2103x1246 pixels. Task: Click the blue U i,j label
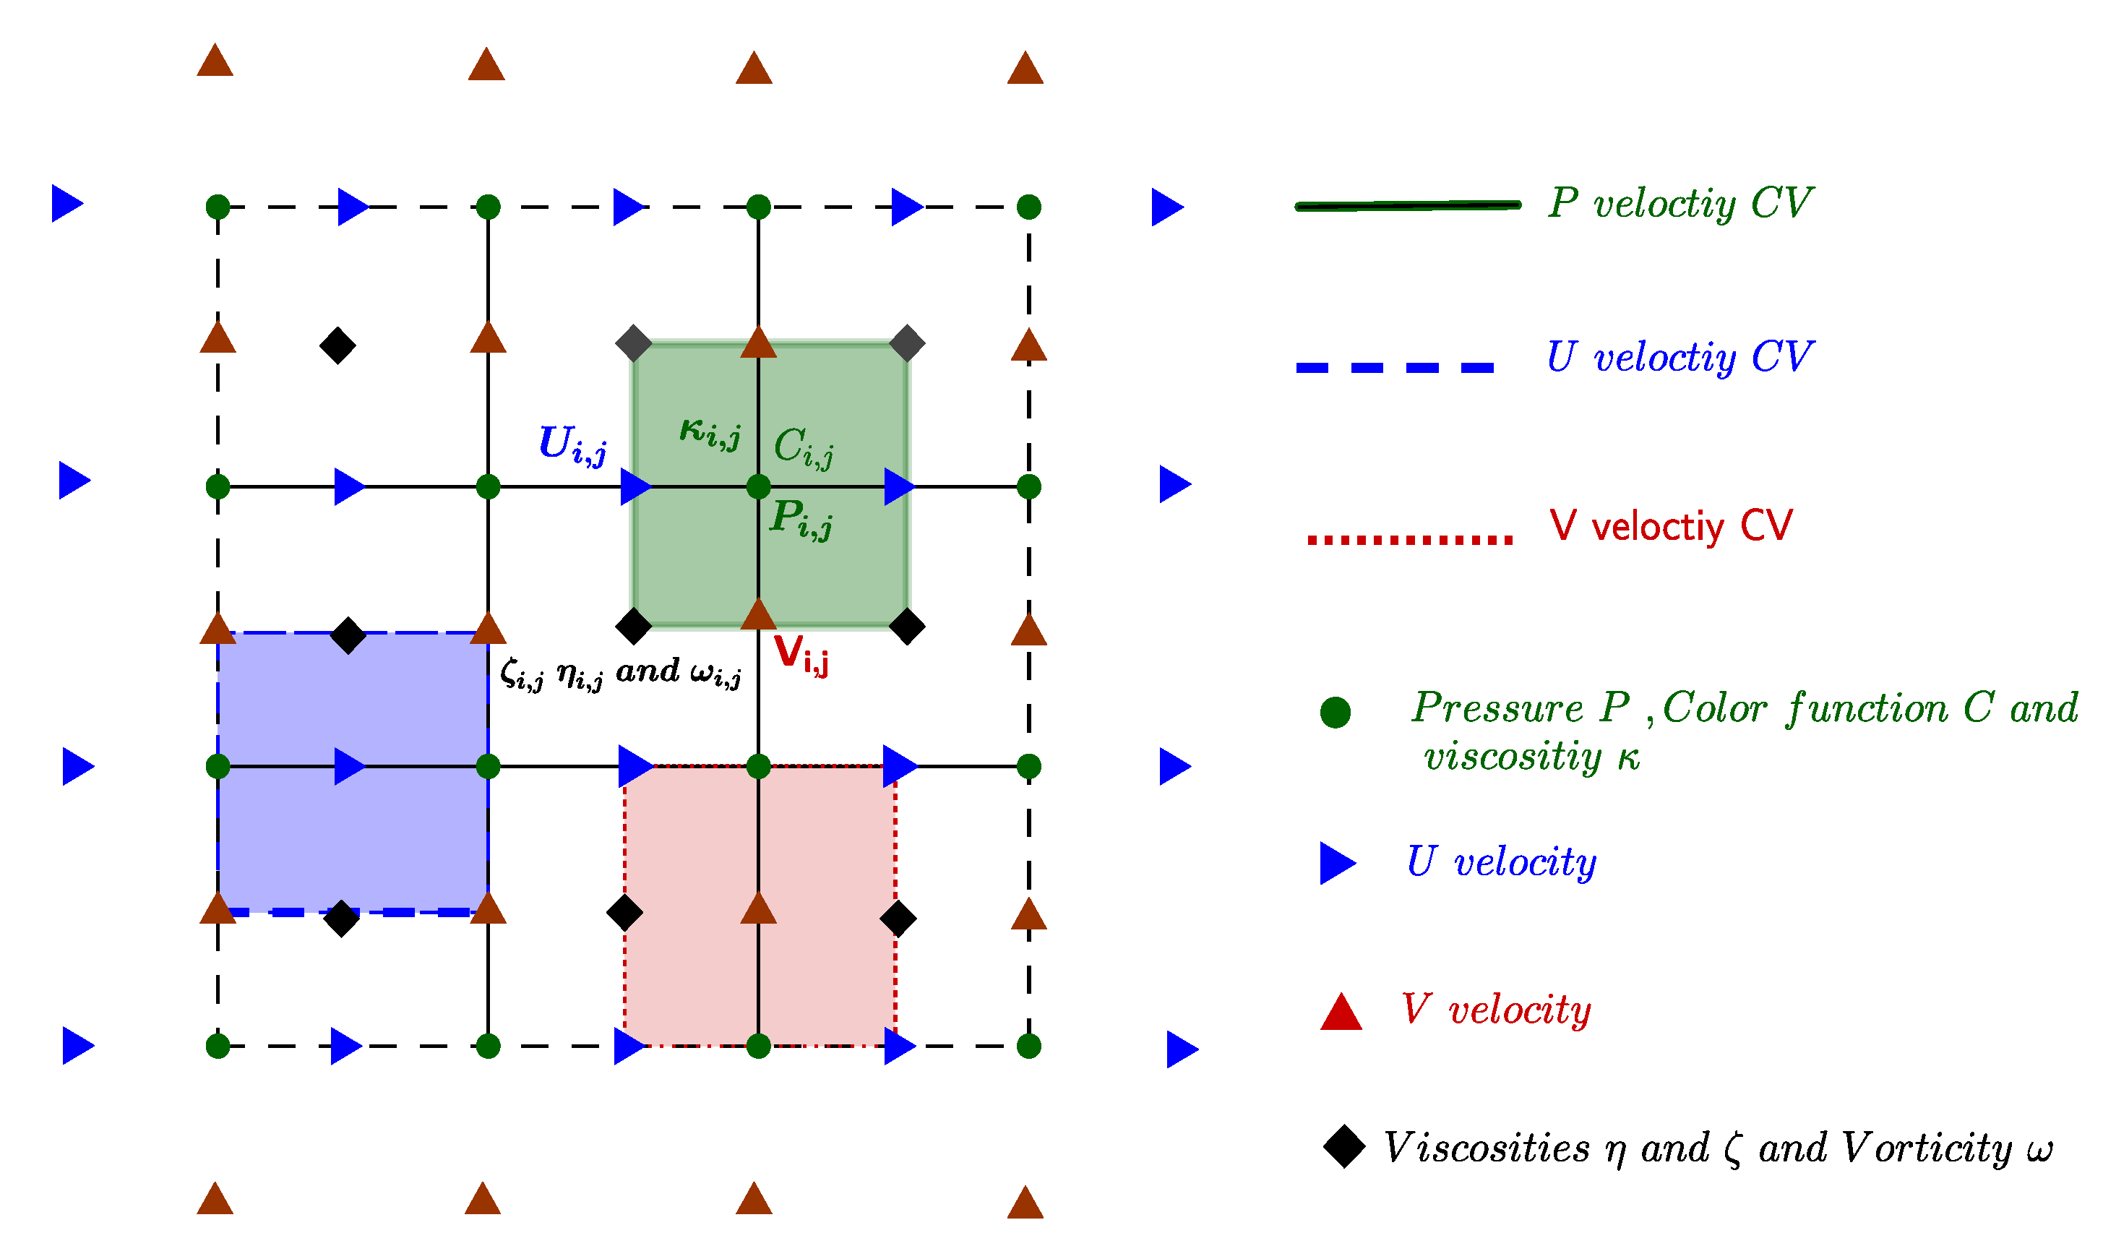572,444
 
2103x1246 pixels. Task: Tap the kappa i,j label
710,432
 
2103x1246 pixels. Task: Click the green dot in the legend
1335,713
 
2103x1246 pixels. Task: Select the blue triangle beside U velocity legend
1336,863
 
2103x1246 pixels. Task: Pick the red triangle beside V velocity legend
1341,1013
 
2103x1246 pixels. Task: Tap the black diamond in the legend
1344,1147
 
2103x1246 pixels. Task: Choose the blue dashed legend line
1395,368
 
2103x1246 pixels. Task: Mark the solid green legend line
1408,206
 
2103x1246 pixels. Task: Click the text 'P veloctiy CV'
1680,204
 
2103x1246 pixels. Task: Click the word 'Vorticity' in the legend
1926,1148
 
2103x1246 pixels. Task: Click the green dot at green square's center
758,486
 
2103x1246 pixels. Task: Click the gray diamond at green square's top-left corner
634,343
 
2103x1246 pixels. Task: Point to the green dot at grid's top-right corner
1028,207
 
